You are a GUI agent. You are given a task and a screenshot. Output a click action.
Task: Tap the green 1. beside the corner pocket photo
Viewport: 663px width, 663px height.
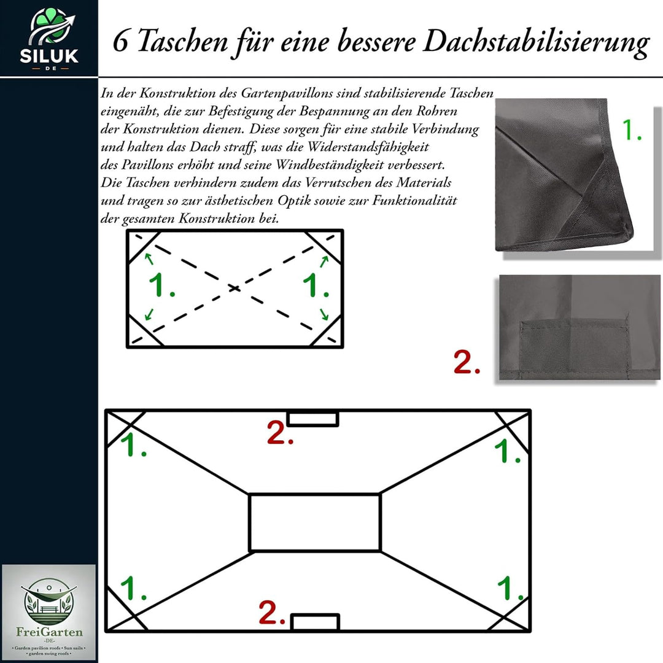coord(632,130)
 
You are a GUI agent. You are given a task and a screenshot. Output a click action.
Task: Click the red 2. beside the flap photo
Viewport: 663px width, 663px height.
coord(467,362)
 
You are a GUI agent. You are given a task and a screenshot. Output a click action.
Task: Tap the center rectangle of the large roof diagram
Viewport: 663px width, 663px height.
coord(315,522)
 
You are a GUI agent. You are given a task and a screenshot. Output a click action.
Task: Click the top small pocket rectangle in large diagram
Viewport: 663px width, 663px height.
coord(313,419)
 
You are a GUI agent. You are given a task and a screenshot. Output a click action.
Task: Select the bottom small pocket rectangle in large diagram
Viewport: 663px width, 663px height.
coord(316,622)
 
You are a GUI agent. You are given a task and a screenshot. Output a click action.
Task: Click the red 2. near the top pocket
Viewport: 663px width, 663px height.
coord(280,433)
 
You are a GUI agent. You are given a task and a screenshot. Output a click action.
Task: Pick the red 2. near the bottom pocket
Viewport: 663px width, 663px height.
coord(272,613)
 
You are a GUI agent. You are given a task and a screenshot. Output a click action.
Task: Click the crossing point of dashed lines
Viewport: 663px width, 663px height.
coord(235,287)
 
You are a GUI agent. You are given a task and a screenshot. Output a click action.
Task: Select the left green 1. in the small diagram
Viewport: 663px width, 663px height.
coord(162,286)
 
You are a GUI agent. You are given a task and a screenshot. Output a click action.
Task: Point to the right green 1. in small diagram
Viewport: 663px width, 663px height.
coord(316,286)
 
